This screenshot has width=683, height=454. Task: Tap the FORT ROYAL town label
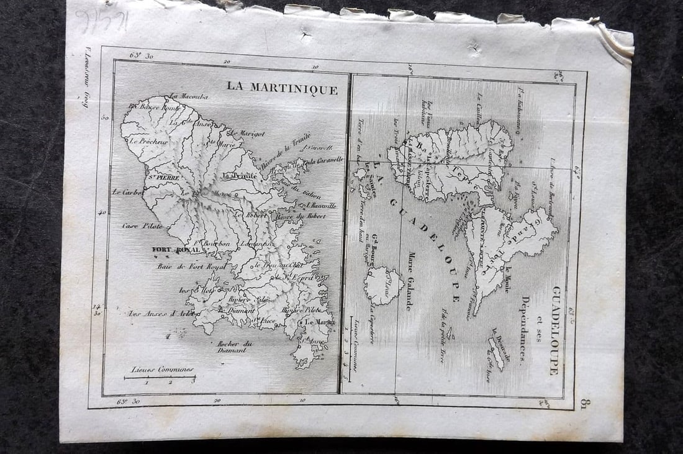point(176,250)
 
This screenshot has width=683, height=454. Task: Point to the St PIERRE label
point(163,178)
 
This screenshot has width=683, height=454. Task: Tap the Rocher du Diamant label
point(230,347)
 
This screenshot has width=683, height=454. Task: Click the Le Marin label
point(318,322)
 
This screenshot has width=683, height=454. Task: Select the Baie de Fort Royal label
point(183,267)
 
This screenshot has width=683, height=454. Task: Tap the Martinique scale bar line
point(160,376)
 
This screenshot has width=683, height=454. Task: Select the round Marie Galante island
point(384,286)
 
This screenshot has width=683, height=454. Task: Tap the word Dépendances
point(525,329)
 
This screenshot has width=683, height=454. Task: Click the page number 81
point(583,404)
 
